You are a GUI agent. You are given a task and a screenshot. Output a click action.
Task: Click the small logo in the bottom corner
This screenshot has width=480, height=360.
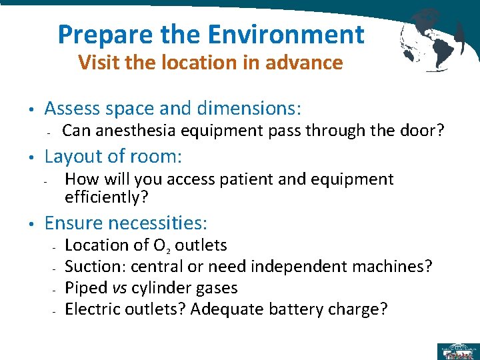(457, 351)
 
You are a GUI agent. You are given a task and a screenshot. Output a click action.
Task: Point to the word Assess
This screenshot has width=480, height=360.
(73, 108)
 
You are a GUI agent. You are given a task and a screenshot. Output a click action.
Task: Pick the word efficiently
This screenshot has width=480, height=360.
(106, 197)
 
